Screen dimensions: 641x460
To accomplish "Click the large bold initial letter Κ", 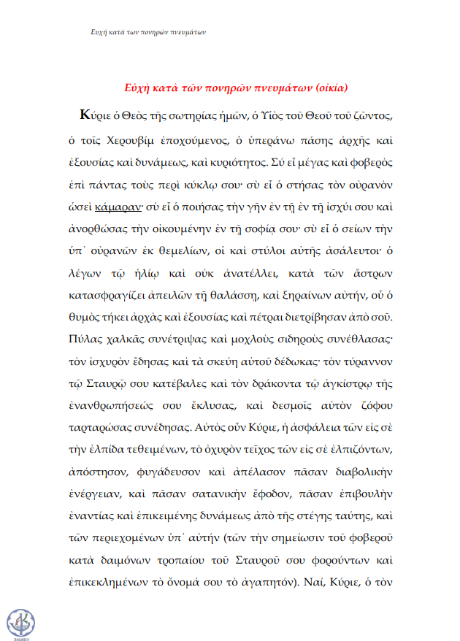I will (87, 116).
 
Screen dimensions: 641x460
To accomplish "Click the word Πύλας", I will (89, 341).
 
